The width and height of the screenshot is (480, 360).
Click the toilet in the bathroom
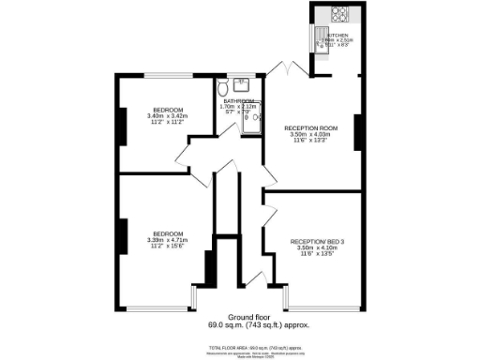222,90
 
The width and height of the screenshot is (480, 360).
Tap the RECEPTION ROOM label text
311,127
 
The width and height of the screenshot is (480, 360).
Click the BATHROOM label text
238,101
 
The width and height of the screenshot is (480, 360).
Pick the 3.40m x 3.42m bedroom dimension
169,115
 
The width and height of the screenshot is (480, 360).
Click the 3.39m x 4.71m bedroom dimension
168,239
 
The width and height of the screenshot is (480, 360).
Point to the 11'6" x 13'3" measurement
311,140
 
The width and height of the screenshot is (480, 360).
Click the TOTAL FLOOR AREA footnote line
247,346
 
